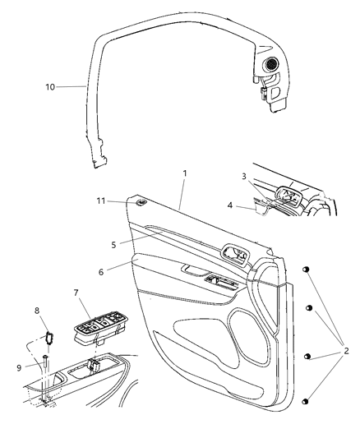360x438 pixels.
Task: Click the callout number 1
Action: (185, 173)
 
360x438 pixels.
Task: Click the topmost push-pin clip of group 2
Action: (306, 270)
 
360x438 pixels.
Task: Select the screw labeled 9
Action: (44, 362)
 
